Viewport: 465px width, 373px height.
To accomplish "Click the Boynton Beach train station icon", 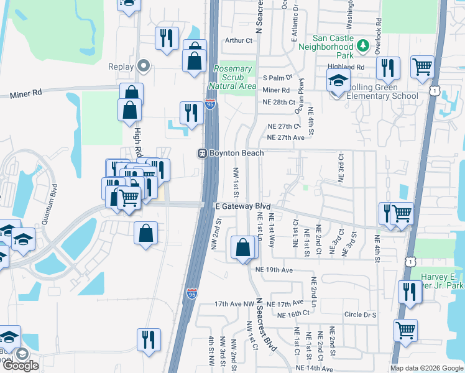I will (x=202, y=154).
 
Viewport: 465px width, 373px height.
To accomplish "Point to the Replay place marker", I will (x=144, y=65).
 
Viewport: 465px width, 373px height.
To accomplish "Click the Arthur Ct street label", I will (x=240, y=40).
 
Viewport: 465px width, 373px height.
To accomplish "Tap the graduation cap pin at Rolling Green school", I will (x=338, y=81).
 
